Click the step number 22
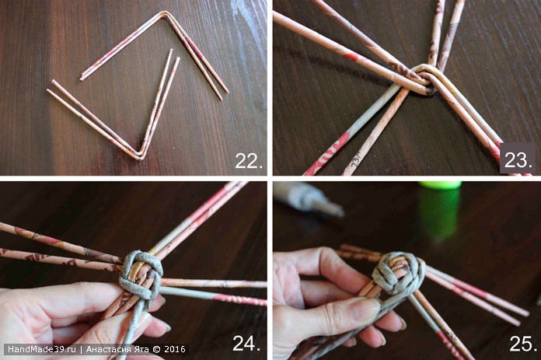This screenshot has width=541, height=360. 249,161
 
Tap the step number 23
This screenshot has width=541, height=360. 518,160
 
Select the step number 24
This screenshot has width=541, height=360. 246,343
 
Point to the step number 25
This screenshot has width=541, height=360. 523,344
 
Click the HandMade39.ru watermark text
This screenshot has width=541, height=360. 42,349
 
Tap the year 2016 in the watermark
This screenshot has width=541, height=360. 175,349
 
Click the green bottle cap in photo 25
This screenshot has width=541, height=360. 440,186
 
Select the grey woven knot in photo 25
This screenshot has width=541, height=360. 399,276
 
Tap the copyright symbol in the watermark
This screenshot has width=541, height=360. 156,349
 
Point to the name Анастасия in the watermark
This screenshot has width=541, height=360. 110,349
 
